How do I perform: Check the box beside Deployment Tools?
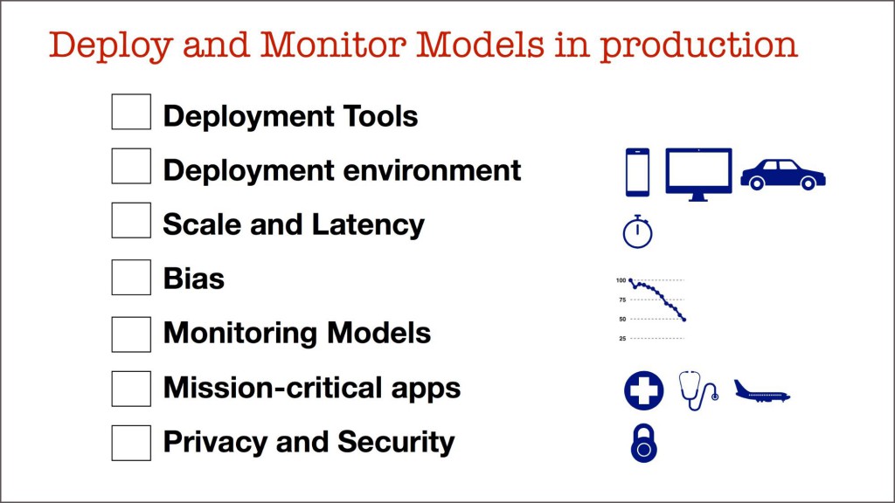(131, 112)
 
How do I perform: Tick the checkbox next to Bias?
(131, 277)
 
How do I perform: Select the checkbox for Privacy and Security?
(131, 443)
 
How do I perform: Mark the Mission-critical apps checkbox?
(131, 389)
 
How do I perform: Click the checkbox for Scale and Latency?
(131, 220)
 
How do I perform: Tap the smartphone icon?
(637, 172)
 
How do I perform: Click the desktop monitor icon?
(698, 174)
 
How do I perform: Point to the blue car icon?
(783, 175)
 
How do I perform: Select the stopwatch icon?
(637, 231)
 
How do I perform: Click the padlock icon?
(644, 443)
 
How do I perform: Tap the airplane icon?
(762, 392)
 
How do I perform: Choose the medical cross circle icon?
(644, 390)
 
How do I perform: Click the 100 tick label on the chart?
(621, 280)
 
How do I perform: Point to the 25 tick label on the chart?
(622, 339)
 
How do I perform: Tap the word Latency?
(368, 224)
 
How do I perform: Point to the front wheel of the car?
(808, 183)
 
